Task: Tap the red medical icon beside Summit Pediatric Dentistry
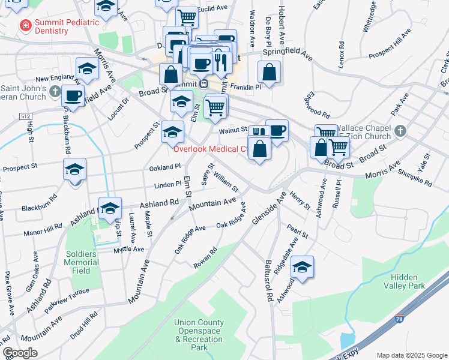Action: pyautogui.click(x=25, y=25)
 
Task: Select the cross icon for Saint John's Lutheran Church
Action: pyautogui.click(x=55, y=92)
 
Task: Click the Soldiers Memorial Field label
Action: pyautogui.click(x=81, y=262)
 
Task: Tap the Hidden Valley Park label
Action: pyautogui.click(x=415, y=281)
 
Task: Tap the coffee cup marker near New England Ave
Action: pyautogui.click(x=74, y=95)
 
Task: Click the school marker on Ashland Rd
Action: pyautogui.click(x=110, y=208)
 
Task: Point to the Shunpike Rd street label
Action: pyautogui.click(x=415, y=176)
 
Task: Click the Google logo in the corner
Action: pyautogui.click(x=20, y=353)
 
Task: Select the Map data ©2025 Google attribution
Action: pyautogui.click(x=411, y=355)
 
